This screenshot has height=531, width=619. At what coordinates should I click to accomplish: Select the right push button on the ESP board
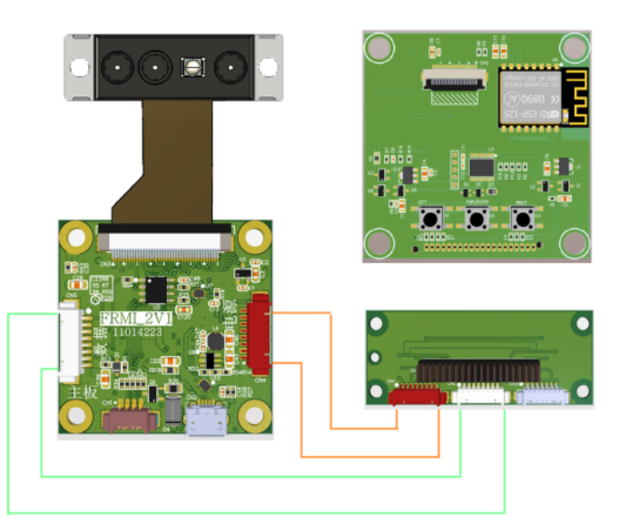(x=521, y=218)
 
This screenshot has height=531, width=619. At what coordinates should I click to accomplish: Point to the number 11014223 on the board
(x=137, y=333)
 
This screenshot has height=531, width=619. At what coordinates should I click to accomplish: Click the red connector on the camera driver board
(x=261, y=334)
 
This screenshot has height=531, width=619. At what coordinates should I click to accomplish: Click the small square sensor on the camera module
(x=192, y=66)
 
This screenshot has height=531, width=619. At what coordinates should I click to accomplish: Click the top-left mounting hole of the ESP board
(x=379, y=45)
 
